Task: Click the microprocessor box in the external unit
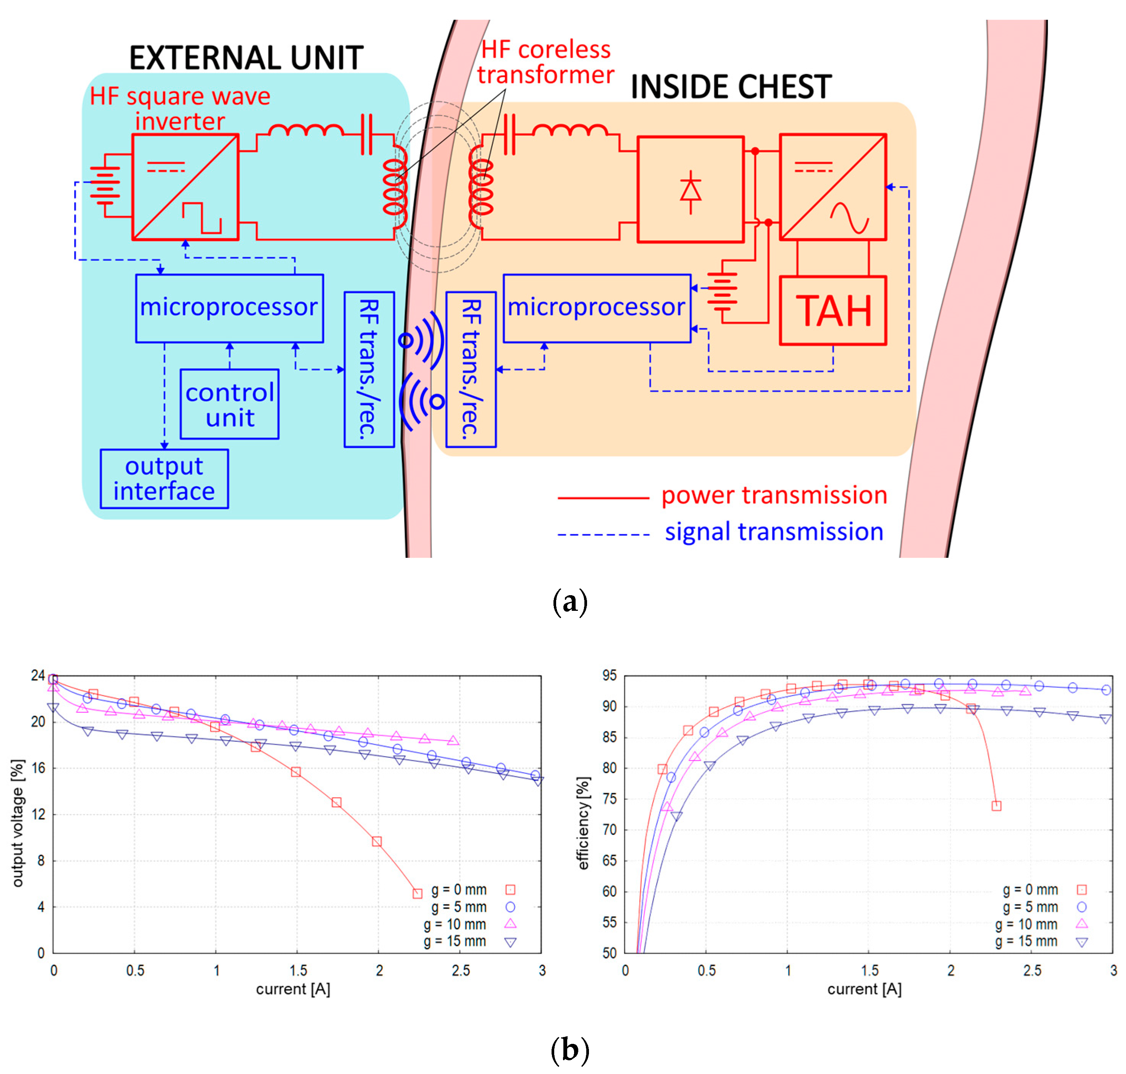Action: [229, 308]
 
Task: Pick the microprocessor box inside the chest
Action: [596, 308]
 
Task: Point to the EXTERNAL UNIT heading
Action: [246, 58]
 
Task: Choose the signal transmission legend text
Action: [774, 532]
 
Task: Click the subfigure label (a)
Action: [569, 602]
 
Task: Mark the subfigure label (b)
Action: [569, 1049]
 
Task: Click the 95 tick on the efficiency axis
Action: [610, 676]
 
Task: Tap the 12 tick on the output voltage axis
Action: [39, 814]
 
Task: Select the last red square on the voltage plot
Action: [418, 893]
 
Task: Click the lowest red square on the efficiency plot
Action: [997, 805]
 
